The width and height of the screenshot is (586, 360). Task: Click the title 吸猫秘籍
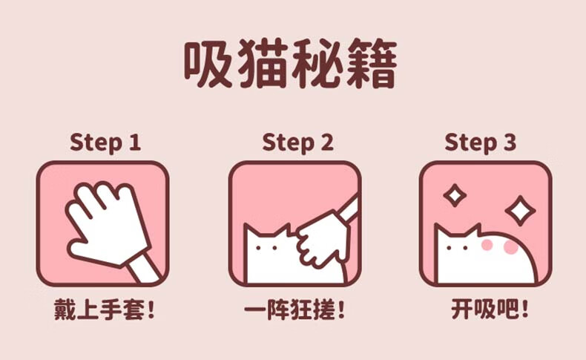(290, 64)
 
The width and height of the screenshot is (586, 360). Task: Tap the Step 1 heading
(105, 143)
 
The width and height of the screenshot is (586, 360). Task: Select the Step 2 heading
(297, 143)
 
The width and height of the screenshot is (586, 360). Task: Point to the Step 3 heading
(480, 143)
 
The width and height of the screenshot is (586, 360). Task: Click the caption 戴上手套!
(105, 310)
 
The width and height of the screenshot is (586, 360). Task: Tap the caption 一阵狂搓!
(294, 310)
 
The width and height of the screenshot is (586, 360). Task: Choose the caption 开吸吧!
(490, 310)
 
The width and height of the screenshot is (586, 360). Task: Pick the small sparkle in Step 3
(455, 195)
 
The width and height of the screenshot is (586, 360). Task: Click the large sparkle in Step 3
(520, 211)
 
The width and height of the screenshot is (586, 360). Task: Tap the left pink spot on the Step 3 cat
(487, 244)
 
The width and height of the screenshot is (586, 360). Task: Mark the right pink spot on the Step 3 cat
(510, 247)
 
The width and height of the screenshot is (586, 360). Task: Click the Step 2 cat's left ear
(248, 231)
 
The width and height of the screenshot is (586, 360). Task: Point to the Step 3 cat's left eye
(449, 248)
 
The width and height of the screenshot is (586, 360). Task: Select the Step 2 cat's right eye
(274, 248)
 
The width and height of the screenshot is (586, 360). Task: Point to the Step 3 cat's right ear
(475, 231)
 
